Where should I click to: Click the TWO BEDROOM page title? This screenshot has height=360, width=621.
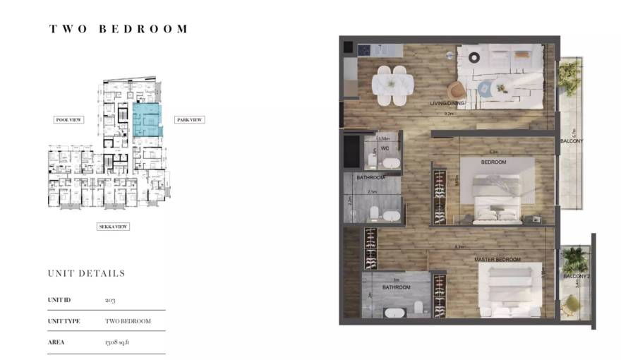[x=119, y=29]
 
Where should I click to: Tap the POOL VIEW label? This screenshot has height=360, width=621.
[x=69, y=120]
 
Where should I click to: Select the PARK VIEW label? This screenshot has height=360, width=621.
[x=189, y=120]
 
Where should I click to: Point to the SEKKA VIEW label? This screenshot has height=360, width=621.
[x=113, y=227]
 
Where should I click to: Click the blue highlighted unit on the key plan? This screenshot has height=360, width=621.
[x=146, y=120]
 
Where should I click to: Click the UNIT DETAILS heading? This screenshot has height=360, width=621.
[x=86, y=273]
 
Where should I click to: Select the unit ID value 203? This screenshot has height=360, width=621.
[x=110, y=300]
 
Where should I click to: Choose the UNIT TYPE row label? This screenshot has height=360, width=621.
[x=64, y=321]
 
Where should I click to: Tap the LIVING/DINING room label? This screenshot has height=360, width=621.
[x=447, y=104]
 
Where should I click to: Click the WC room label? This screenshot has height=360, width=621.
[x=385, y=149]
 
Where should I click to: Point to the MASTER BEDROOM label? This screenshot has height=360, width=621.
[x=498, y=260]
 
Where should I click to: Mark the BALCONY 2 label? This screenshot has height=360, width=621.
[x=577, y=276]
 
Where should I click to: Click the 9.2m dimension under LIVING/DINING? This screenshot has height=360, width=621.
[x=447, y=113]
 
